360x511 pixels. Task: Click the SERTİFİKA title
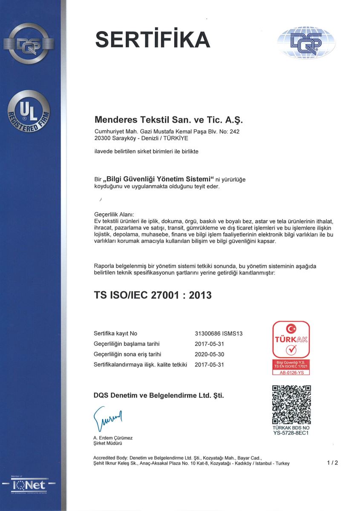click(x=153, y=40)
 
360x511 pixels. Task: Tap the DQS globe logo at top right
click(x=306, y=42)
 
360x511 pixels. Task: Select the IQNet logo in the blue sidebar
click(x=29, y=484)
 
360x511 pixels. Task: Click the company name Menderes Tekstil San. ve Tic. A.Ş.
click(x=168, y=120)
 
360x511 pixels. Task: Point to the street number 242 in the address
click(x=234, y=132)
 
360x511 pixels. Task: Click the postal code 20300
click(x=101, y=138)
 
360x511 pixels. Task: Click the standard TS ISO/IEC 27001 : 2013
click(x=152, y=295)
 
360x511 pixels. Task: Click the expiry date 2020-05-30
click(x=209, y=354)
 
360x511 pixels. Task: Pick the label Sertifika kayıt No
click(x=115, y=333)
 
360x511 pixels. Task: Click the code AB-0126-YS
click(x=291, y=372)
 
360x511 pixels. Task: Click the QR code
click(x=291, y=404)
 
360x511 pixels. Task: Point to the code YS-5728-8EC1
click(x=291, y=433)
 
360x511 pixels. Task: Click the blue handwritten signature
click(x=107, y=418)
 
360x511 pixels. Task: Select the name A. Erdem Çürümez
click(x=113, y=438)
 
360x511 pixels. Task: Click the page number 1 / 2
click(x=332, y=463)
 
